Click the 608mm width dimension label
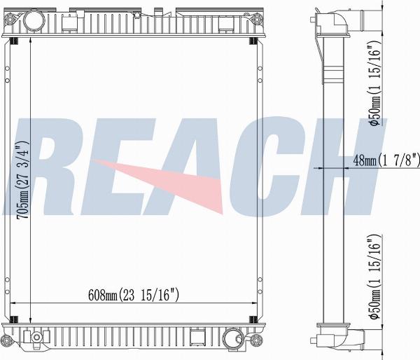[x=134, y=295]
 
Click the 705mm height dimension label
[x=22, y=179]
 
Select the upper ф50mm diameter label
[x=374, y=83]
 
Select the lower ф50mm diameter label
[x=374, y=277]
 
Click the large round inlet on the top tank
[x=34, y=20]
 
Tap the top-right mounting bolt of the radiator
[x=257, y=19]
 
